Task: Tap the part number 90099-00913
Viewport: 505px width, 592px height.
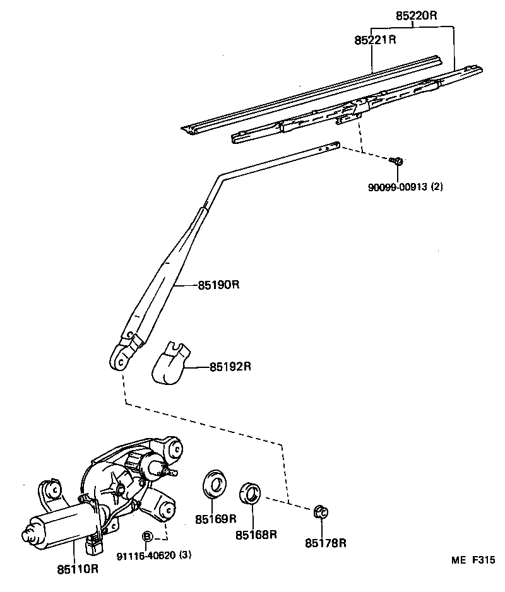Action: tap(398, 187)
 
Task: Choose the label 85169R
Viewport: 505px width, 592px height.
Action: tap(215, 519)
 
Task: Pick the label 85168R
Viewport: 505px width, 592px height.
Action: tap(257, 535)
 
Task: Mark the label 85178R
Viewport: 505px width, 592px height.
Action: tap(326, 542)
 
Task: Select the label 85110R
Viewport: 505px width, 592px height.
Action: tap(77, 569)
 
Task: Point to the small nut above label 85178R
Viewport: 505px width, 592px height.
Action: tap(319, 511)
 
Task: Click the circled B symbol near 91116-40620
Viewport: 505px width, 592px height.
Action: tap(147, 536)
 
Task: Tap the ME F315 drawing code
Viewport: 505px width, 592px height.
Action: tap(472, 560)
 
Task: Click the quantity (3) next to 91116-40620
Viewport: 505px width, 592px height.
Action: tap(185, 555)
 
